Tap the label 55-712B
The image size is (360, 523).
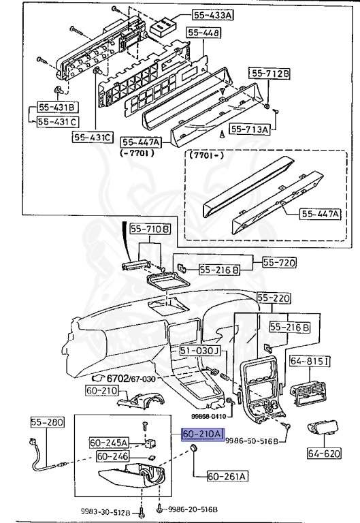(x=270, y=74)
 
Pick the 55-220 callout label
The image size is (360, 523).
(x=274, y=298)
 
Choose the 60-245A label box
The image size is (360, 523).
(x=108, y=443)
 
